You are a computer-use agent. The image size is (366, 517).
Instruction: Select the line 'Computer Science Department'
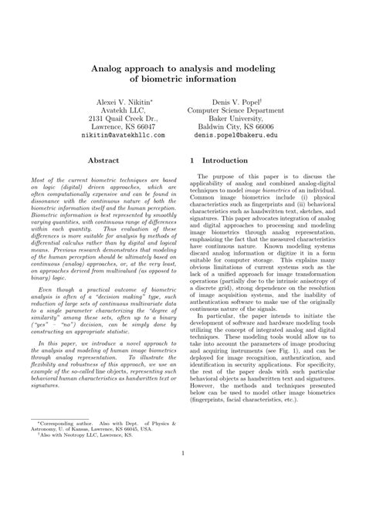[246, 113]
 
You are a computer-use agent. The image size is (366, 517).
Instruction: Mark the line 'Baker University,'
[246, 118]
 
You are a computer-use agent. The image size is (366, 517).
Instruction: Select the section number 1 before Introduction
[192, 161]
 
